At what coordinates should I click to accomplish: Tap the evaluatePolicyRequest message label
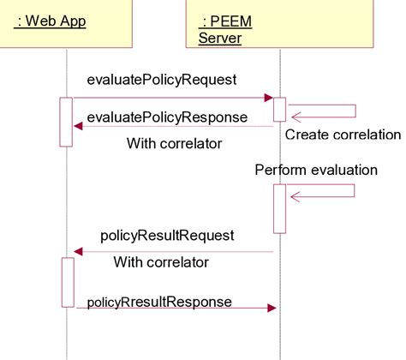point(162,80)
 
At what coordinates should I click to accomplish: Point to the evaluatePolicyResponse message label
point(168,117)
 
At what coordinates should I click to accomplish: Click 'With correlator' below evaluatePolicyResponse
point(175,143)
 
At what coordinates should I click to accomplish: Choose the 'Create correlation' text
point(343,135)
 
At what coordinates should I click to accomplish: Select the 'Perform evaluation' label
point(316,170)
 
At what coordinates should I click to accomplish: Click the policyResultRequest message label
point(168,235)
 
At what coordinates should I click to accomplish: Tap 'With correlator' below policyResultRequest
point(162,261)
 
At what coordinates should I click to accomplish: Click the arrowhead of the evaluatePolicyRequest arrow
point(268,99)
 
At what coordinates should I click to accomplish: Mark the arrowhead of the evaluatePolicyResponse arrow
point(78,126)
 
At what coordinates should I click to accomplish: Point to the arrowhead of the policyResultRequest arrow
point(78,251)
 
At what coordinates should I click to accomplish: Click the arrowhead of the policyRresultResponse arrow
point(271,307)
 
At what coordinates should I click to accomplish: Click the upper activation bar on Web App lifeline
point(66,122)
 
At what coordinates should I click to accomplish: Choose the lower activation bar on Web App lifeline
point(67,281)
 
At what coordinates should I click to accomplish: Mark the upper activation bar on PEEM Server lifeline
point(279,109)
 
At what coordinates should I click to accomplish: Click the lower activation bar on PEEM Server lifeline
point(279,208)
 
